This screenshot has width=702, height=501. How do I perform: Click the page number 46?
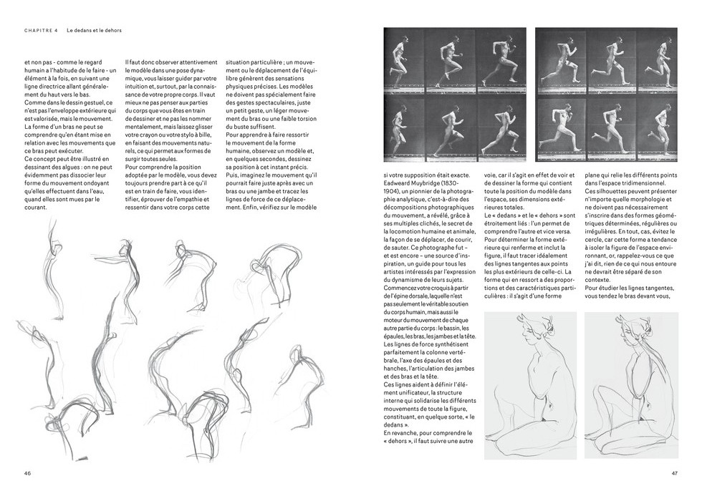coord(27,473)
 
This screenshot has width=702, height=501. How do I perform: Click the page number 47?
coord(674,473)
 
